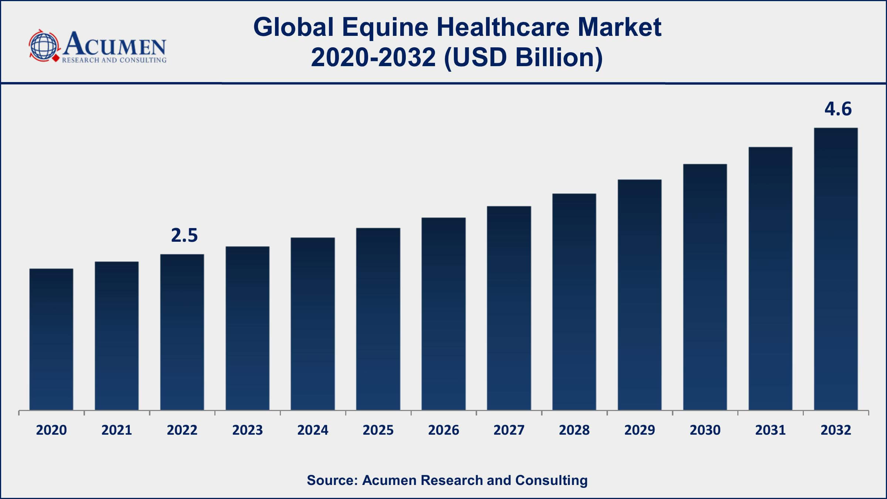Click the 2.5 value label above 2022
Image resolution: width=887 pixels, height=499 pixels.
click(184, 235)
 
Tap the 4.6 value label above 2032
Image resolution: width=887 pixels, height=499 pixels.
click(838, 109)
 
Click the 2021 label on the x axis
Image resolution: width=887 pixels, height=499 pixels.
click(117, 430)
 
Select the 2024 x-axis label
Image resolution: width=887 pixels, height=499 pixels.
click(313, 430)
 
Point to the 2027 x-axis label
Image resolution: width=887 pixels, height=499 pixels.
click(509, 430)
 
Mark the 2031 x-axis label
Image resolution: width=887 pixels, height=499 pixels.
click(770, 430)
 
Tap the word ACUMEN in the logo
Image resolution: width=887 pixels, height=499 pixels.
click(115, 44)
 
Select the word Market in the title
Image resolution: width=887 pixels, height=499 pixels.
click(619, 27)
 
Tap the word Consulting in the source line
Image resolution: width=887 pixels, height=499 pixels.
click(551, 480)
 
